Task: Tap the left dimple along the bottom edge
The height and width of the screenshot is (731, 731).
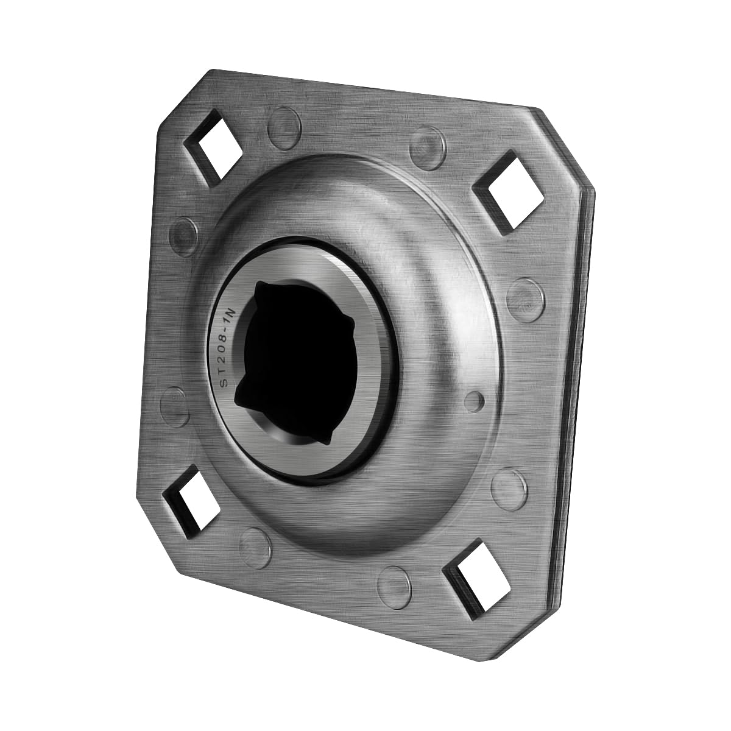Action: [256, 540]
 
